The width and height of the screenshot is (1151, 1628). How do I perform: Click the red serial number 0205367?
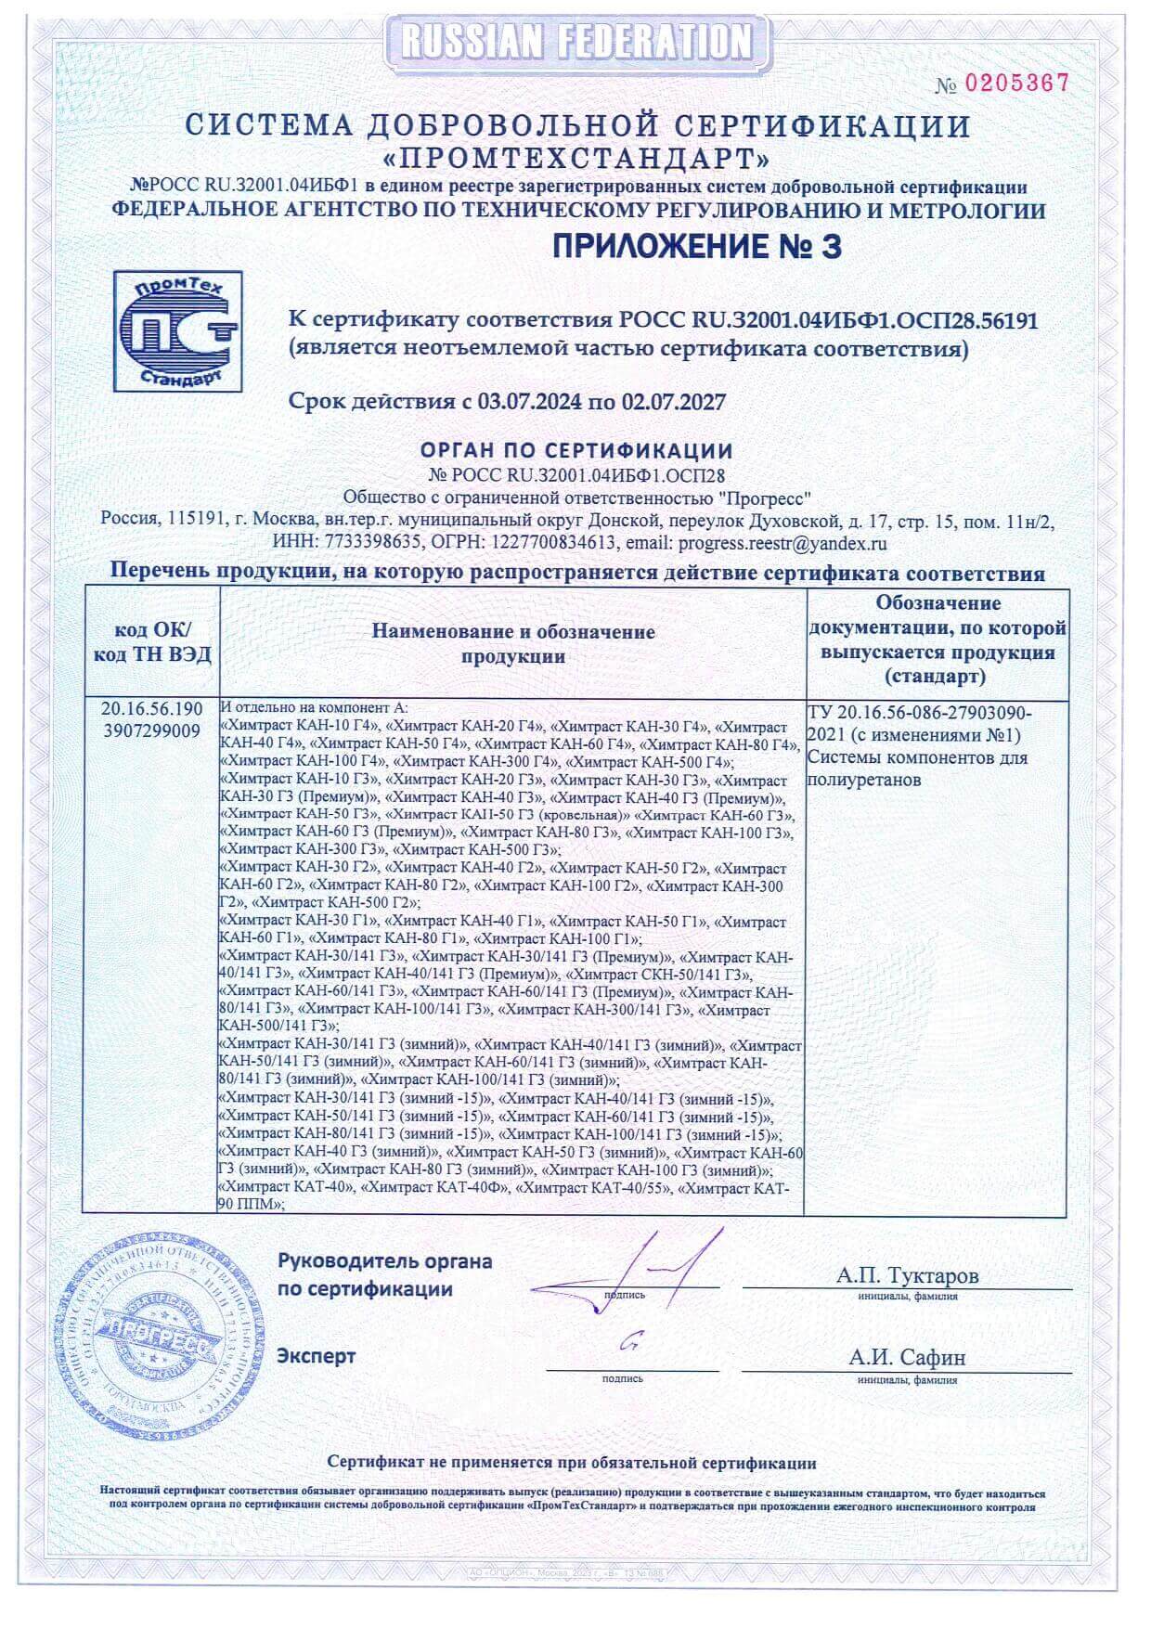(1017, 84)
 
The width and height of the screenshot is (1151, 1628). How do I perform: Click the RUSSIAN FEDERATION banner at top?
(575, 41)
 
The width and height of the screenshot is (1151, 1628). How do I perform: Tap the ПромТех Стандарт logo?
(177, 330)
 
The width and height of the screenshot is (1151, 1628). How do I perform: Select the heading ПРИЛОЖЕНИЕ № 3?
(696, 247)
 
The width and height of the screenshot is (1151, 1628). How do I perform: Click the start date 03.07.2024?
(529, 402)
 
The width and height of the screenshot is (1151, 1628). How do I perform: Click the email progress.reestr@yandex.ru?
(782, 544)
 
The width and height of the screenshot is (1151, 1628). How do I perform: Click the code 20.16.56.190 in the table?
(152, 710)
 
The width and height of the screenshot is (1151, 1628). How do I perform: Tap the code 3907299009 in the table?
(152, 731)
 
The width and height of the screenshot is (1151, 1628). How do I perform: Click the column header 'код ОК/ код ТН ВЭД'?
(152, 642)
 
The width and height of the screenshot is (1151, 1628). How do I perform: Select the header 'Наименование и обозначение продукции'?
(513, 643)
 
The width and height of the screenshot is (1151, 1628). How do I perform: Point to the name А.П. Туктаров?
(907, 1275)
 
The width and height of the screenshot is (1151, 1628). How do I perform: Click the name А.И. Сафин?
(907, 1357)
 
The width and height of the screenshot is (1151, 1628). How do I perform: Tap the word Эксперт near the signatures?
(316, 1356)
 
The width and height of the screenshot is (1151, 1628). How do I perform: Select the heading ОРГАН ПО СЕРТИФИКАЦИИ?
(576, 451)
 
